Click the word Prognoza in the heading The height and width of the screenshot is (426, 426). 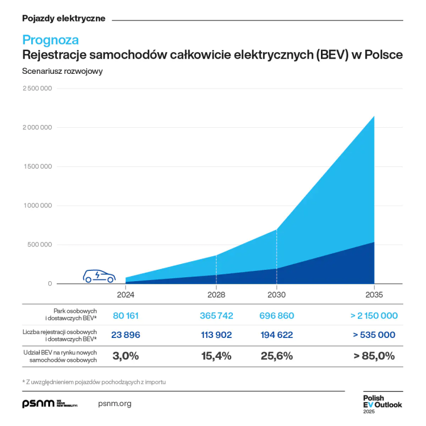pyautogui.click(x=50, y=40)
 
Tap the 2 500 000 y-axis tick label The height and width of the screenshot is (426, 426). pyautogui.click(x=37, y=89)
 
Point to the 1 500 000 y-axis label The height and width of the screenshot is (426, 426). pyautogui.click(x=37, y=167)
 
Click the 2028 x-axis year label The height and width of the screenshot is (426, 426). pyautogui.click(x=216, y=295)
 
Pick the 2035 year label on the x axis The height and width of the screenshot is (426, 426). pyautogui.click(x=374, y=295)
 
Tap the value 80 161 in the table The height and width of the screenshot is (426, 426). pyautogui.click(x=126, y=316)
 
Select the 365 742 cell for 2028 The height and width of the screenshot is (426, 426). pyautogui.click(x=216, y=316)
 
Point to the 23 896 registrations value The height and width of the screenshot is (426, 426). pyautogui.click(x=126, y=335)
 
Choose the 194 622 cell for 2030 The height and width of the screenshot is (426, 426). pyautogui.click(x=276, y=335)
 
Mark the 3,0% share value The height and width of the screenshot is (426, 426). pyautogui.click(x=126, y=356)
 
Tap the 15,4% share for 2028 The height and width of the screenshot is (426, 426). pyautogui.click(x=216, y=356)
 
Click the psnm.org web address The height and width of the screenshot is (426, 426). pyautogui.click(x=115, y=404)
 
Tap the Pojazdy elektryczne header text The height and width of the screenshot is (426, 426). pyautogui.click(x=64, y=18)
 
